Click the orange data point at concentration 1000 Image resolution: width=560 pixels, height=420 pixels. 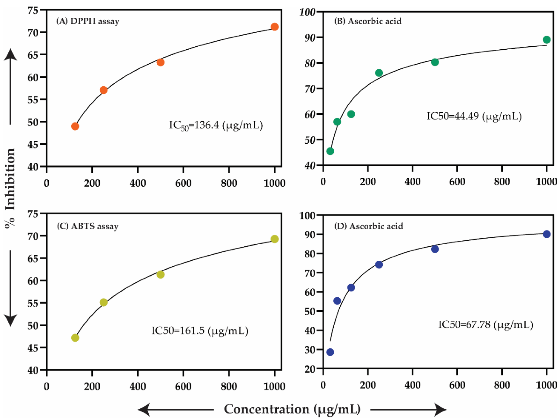[x=274, y=27]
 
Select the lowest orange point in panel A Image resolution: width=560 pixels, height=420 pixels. [x=75, y=126]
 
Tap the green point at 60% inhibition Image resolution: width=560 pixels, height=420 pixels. [x=351, y=114]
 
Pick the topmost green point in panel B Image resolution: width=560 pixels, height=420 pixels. [x=547, y=40]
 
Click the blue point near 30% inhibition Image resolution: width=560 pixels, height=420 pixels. [x=330, y=352]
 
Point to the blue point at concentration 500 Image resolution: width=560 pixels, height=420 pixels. [x=435, y=249]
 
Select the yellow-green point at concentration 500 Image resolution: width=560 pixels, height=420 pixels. [x=160, y=274]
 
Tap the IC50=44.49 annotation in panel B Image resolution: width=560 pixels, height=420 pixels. [x=474, y=117]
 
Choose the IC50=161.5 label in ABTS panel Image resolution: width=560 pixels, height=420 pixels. [x=199, y=331]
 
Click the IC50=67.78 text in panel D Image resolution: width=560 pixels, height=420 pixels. [x=486, y=325]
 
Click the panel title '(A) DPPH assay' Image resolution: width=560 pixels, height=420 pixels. [x=88, y=21]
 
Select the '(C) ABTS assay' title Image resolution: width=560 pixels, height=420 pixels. [x=88, y=226]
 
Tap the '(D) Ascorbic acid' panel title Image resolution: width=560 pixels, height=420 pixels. [x=368, y=226]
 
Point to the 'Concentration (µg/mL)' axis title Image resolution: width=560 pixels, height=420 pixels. [x=292, y=409]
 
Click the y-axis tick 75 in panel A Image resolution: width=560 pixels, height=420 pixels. [x=33, y=10]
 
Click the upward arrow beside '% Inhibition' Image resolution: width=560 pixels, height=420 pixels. [x=10, y=86]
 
